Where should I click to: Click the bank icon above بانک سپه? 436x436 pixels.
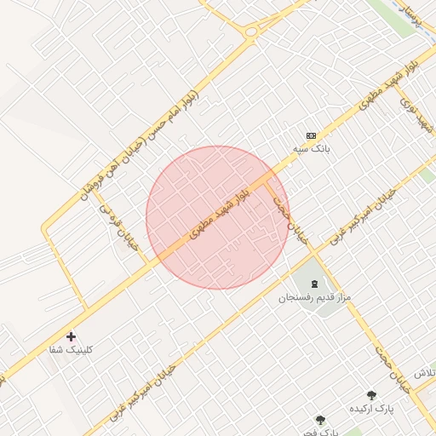tap(311, 135)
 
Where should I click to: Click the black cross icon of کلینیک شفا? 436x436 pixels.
tap(71, 336)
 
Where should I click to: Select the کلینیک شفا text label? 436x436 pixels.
tap(72, 350)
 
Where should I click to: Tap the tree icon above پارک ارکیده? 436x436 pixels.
tap(371, 394)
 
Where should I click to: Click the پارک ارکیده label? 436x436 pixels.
tap(371, 409)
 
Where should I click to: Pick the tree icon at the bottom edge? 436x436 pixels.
tap(320, 419)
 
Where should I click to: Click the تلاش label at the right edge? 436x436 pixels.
tap(425, 375)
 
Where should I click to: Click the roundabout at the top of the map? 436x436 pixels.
tap(251, 32)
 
